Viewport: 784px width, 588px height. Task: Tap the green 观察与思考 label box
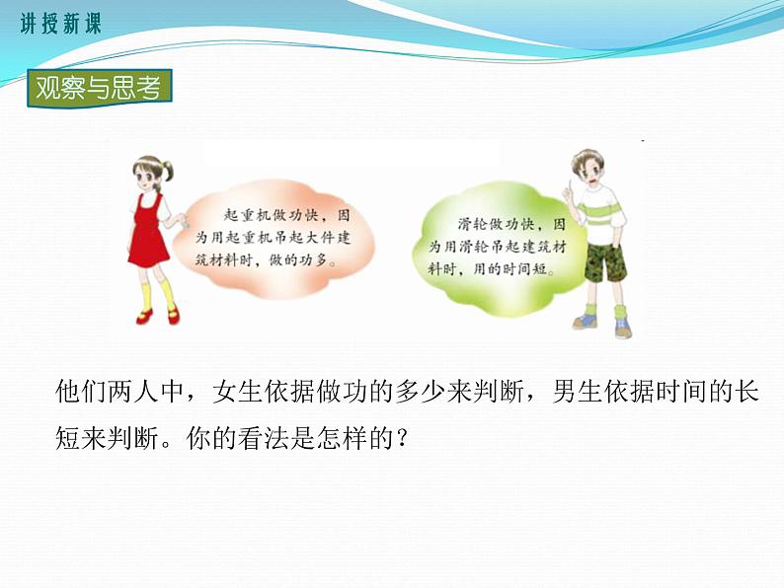pyautogui.click(x=98, y=89)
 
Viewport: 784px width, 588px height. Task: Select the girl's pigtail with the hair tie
pyautogui.click(x=169, y=172)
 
